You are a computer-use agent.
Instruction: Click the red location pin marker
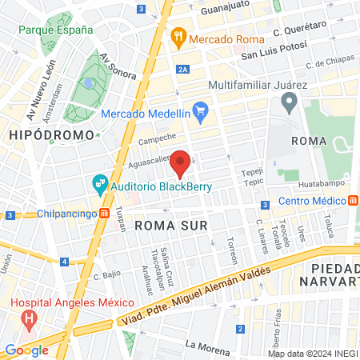coord(181,163)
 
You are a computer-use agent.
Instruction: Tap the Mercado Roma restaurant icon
coord(178,36)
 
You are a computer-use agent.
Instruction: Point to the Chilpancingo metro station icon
coord(104,214)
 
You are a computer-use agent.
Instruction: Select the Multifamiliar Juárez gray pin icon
coord(289,101)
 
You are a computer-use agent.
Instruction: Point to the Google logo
coord(26,350)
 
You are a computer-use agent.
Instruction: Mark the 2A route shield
coord(183,70)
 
